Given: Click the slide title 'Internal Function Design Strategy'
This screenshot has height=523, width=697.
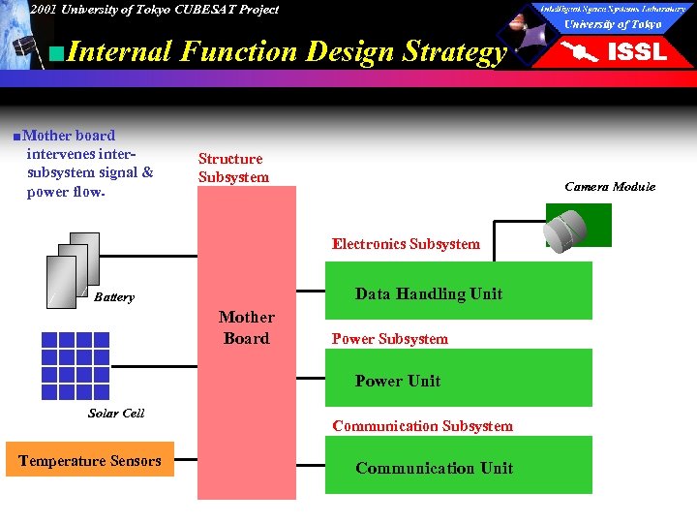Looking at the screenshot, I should point(288,51).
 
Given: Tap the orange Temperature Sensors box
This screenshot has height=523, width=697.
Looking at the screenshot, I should point(90,461).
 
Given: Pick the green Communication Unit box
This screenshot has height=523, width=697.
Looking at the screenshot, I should point(458,468).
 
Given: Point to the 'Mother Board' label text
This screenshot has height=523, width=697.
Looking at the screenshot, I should point(246,327).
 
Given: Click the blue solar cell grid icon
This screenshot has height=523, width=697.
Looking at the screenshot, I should point(75,366).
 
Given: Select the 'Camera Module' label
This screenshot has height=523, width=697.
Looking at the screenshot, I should point(610,186).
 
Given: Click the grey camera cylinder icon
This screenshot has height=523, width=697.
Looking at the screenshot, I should point(567,230).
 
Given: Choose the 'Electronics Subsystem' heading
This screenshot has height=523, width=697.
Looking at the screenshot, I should point(406,244).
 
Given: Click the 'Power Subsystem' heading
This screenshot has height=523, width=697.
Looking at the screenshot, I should point(390,339).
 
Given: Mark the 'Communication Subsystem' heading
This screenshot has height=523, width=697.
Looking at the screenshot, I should point(422,426).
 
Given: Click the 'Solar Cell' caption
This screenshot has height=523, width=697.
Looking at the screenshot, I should point(116,413).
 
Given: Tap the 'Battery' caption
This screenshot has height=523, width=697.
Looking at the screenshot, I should point(114,297).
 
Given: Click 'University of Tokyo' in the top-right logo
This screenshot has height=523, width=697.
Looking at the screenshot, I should point(613,24).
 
